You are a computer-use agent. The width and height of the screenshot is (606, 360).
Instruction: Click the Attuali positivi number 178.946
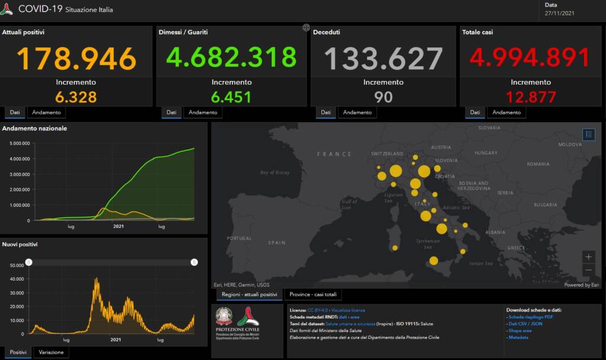tap(76, 58)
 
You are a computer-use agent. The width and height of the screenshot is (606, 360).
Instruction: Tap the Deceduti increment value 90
tap(383, 97)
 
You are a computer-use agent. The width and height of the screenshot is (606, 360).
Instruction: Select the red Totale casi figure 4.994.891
tap(530, 58)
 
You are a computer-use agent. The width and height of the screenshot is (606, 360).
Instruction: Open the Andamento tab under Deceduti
tap(357, 112)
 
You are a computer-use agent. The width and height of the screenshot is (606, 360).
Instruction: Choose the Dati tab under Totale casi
tap(475, 112)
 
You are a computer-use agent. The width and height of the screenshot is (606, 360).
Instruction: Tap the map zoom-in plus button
tap(588, 257)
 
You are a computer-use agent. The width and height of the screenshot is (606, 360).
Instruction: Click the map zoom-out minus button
tap(588, 271)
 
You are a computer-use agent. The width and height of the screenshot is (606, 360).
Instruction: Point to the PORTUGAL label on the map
tap(240, 238)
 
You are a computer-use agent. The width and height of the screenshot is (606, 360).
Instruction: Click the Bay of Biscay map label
tap(275, 172)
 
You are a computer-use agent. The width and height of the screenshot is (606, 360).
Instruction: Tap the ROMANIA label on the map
tap(538, 163)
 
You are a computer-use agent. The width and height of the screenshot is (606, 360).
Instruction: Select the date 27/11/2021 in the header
tap(559, 13)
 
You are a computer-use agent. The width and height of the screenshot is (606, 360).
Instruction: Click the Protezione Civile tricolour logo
tap(248, 317)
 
